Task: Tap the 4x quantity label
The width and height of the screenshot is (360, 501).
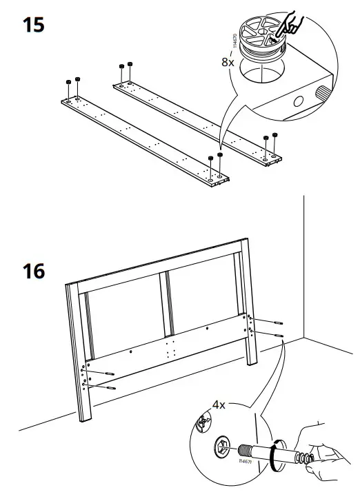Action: pyautogui.click(x=219, y=405)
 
